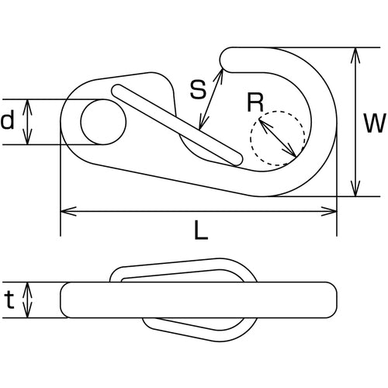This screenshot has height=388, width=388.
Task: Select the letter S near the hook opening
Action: click(197, 89)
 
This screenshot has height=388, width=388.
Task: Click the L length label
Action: click(199, 230)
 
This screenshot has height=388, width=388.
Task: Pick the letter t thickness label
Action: click(9, 300)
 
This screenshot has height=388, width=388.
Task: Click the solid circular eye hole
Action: click(103, 122)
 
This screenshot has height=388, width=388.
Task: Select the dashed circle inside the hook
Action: click(277, 139)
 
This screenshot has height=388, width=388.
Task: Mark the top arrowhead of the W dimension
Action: click(355, 53)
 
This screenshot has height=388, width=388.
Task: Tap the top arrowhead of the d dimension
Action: click(28, 104)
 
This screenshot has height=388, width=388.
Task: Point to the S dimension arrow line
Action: click(211, 99)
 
